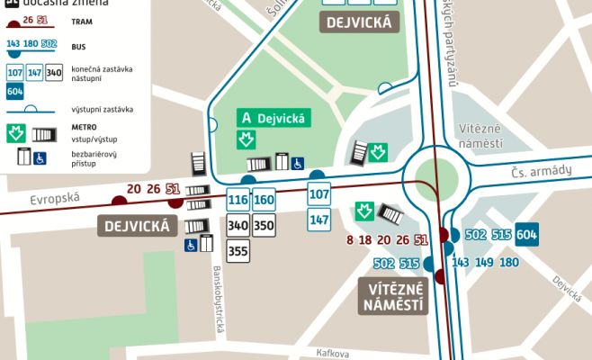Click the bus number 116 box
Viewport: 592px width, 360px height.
tap(238, 200)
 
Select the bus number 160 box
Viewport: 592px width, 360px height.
tap(264, 200)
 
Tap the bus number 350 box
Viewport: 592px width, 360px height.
tap(264, 225)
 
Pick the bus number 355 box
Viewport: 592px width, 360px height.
tap(238, 251)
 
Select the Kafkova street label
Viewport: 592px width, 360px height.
tap(332, 354)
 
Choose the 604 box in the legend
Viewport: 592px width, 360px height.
tap(14, 91)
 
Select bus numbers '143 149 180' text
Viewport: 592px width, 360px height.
tap(485, 263)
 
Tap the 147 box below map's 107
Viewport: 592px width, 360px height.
tap(319, 219)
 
